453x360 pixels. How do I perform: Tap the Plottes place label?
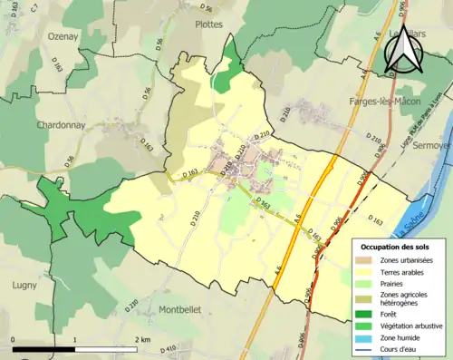208,24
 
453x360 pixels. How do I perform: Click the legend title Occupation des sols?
401,246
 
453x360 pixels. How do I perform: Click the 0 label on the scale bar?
14,339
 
